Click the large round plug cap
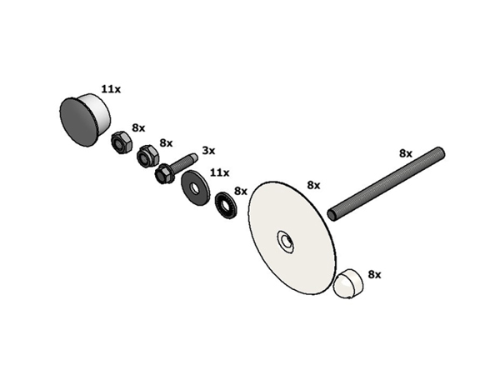pos(85,120)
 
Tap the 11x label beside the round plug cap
pos(111,89)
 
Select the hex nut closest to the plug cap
pos(121,142)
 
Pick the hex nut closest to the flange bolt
pos(147,157)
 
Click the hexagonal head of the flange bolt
pos(164,175)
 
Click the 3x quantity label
pos(209,151)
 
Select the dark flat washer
pos(196,187)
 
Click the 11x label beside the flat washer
pos(219,172)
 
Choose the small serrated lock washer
pos(226,206)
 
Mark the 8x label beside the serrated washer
pos(241,192)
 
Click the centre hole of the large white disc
pos(287,242)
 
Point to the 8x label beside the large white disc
pos(313,185)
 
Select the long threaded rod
pos(386,184)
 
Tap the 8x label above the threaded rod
pos(406,153)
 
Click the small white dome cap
pos(348,283)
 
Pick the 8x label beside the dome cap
pos(375,274)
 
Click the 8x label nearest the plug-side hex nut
pos(138,128)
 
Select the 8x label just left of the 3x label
pos(166,143)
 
